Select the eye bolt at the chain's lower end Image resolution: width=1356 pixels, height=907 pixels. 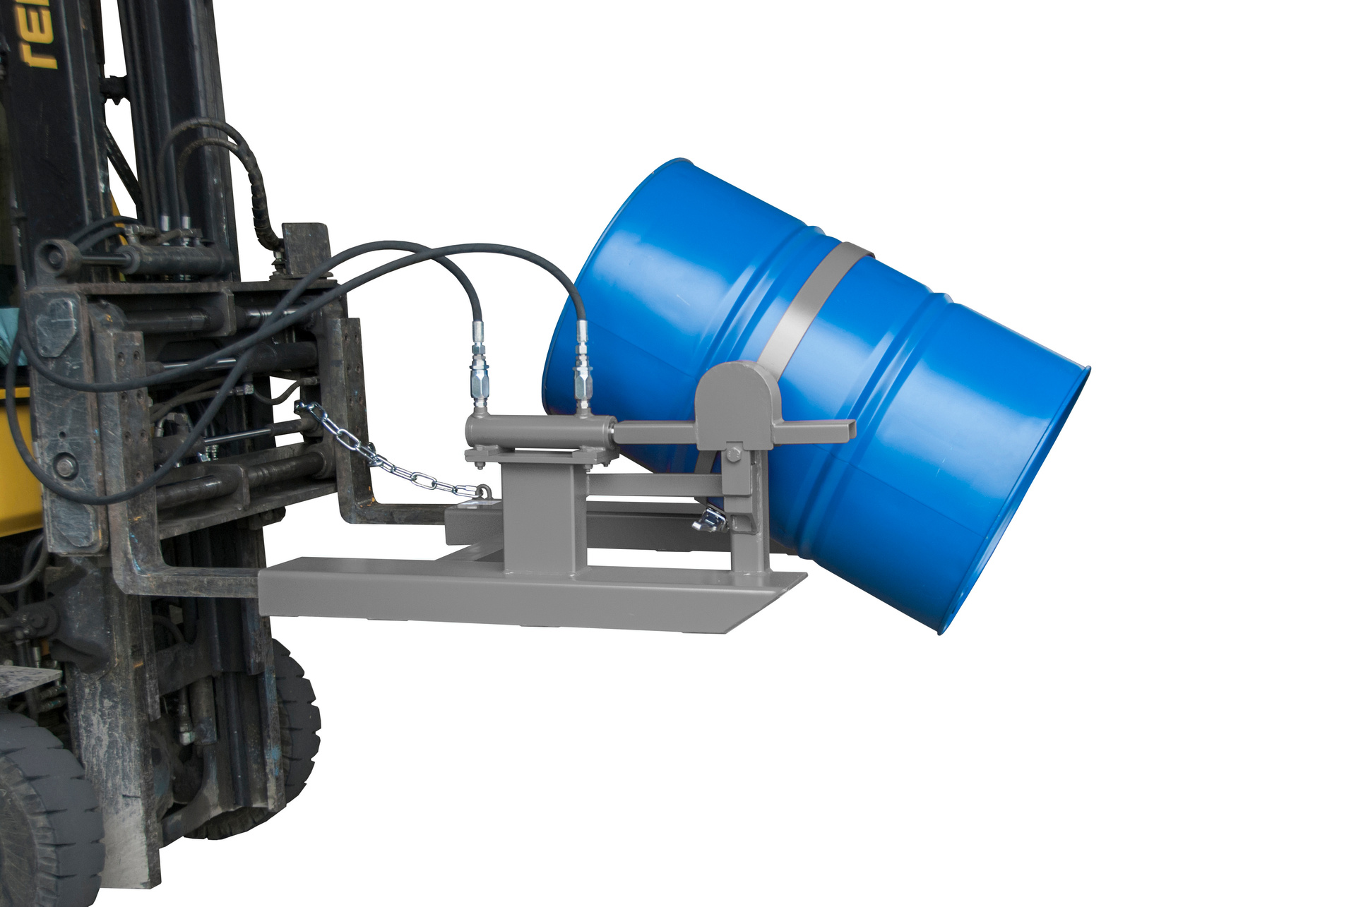click(x=484, y=491)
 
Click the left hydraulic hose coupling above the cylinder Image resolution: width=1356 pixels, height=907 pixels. click(x=479, y=367)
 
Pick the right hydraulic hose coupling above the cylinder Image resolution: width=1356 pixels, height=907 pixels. click(x=582, y=367)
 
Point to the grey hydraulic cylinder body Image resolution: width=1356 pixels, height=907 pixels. click(x=537, y=430)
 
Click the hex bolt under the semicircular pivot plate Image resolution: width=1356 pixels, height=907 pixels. click(x=732, y=453)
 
